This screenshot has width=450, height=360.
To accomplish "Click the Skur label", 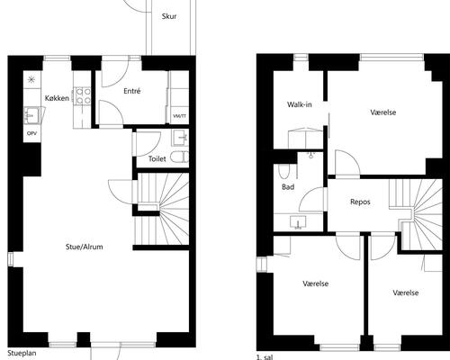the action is coord(169,16).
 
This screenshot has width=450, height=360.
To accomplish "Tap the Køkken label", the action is coord(57,98).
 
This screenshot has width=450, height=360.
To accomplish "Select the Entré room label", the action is coord(132,91).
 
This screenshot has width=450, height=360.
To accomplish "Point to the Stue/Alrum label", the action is coord(85,247).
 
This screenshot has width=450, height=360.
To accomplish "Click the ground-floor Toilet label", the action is coord(157,158).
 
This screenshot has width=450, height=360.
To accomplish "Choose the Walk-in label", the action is coord(300,104).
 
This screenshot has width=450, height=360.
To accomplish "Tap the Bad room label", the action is coord(288,187).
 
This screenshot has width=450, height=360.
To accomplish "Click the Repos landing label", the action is coord(360,202).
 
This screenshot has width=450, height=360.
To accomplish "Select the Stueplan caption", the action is coord(22,353).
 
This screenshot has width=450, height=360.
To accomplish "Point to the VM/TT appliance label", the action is coord(179,116).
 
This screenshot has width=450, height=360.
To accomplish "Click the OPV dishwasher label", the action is coord(31,133).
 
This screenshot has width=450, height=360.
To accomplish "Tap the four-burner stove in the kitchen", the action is coord(82,95).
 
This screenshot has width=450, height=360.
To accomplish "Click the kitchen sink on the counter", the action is coord(31,115).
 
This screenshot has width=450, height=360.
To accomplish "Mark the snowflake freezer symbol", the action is coord(31,79).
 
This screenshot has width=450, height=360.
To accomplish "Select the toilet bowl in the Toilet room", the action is coord(179,157).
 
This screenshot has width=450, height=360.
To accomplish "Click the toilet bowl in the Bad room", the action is coord(283,172).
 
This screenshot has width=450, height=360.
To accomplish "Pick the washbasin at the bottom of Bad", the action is coord(298,222).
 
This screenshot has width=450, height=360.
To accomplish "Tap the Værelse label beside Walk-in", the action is coord(383,112).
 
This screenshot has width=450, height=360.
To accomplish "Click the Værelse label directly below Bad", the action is coord(316,283).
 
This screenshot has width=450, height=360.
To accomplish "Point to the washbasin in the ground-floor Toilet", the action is coord(181,138).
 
